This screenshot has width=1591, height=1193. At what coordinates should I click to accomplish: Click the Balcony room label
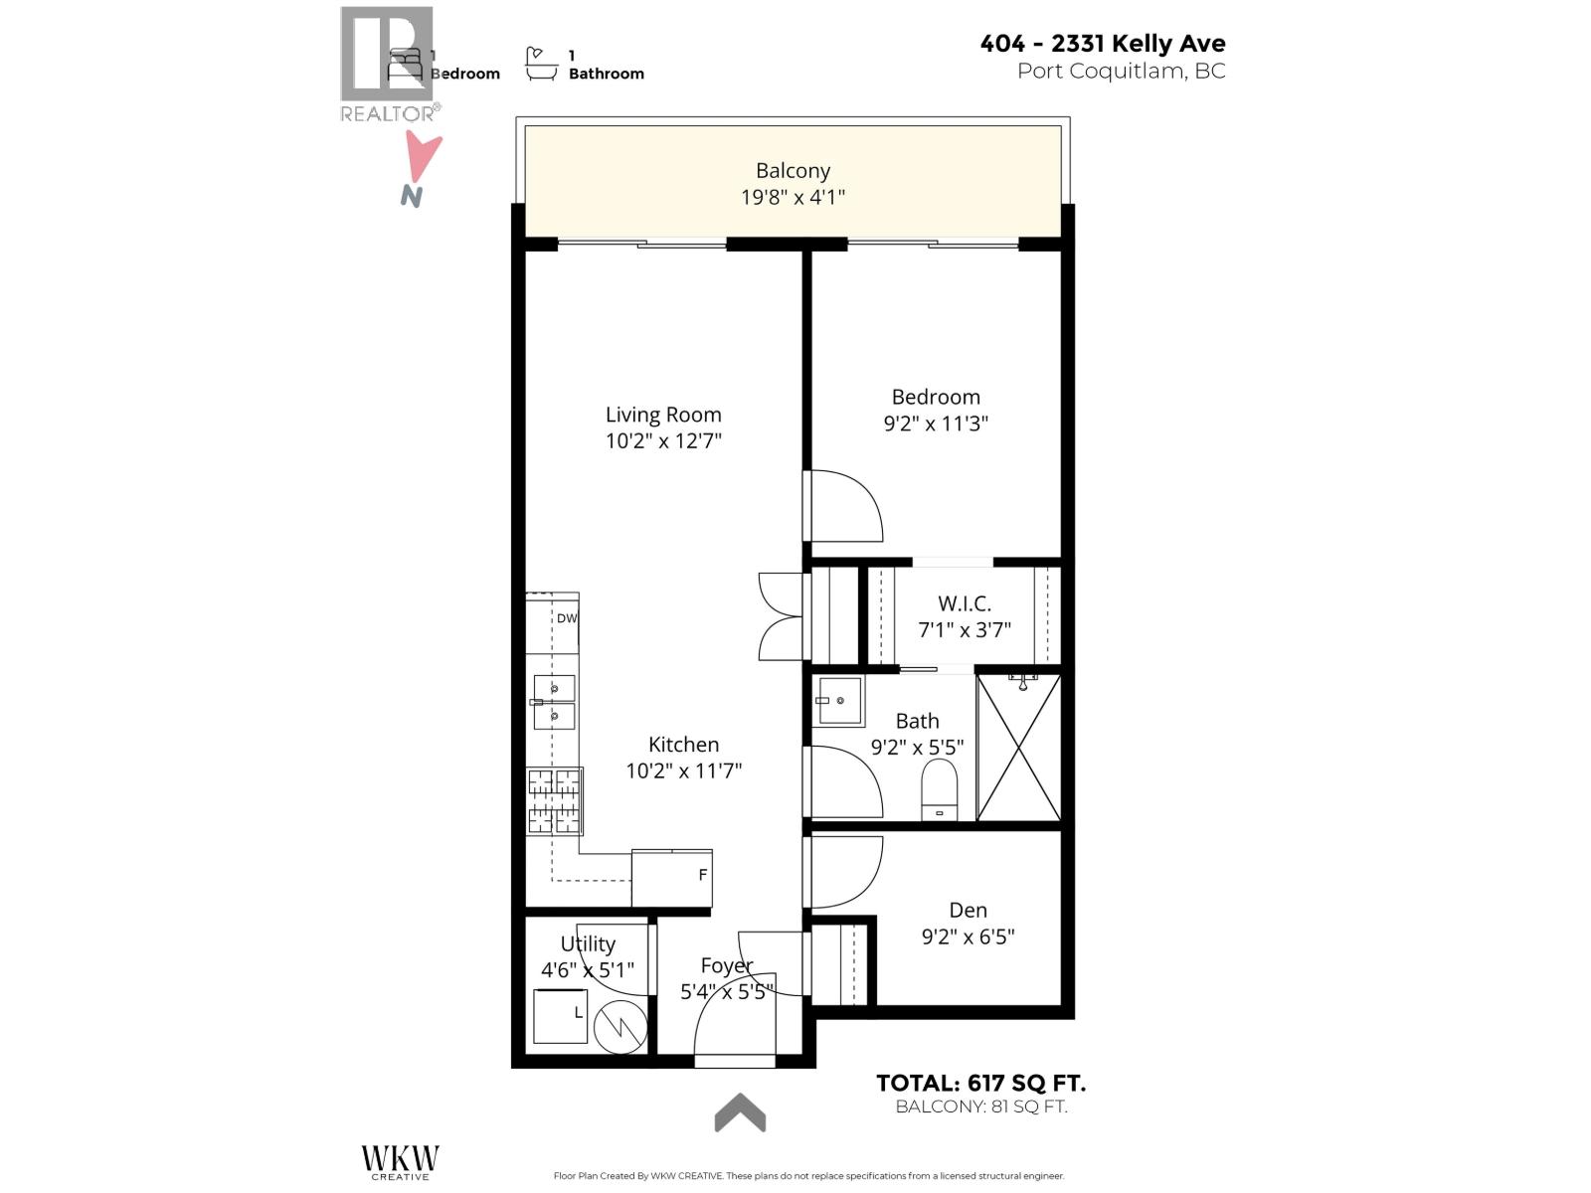pyautogui.click(x=793, y=171)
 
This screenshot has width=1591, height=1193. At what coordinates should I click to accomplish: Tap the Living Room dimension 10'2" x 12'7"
pyautogui.click(x=663, y=440)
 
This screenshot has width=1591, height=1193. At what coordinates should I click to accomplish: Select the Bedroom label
pyautogui.click(x=936, y=397)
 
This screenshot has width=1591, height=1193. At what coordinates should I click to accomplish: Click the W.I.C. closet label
pyautogui.click(x=964, y=603)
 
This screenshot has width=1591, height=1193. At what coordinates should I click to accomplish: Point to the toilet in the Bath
pyautogui.click(x=939, y=789)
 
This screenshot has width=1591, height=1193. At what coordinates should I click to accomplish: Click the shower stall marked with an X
pyautogui.click(x=1019, y=748)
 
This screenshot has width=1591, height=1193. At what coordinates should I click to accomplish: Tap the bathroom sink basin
pyautogui.click(x=839, y=701)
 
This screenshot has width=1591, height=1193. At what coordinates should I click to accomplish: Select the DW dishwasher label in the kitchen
pyautogui.click(x=566, y=618)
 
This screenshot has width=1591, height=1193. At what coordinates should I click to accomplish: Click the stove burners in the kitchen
pyautogui.click(x=554, y=800)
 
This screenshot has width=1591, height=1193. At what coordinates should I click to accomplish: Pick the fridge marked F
pyautogui.click(x=672, y=877)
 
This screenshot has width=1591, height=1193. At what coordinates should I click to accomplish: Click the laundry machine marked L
pyautogui.click(x=560, y=1016)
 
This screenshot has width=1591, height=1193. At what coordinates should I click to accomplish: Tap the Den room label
pyautogui.click(x=968, y=910)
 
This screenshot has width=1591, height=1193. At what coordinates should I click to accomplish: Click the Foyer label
pyautogui.click(x=726, y=965)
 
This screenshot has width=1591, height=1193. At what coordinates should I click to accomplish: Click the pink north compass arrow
pyautogui.click(x=424, y=159)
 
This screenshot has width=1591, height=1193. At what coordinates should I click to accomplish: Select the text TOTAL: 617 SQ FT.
pyautogui.click(x=980, y=1083)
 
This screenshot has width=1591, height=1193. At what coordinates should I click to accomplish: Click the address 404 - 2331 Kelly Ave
pyautogui.click(x=1102, y=43)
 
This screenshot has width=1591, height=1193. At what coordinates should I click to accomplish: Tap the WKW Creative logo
pyautogui.click(x=400, y=1161)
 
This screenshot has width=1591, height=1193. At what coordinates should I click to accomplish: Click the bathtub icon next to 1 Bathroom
pyautogui.click(x=541, y=65)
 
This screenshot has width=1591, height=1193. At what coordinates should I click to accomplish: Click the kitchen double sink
pyautogui.click(x=553, y=702)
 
